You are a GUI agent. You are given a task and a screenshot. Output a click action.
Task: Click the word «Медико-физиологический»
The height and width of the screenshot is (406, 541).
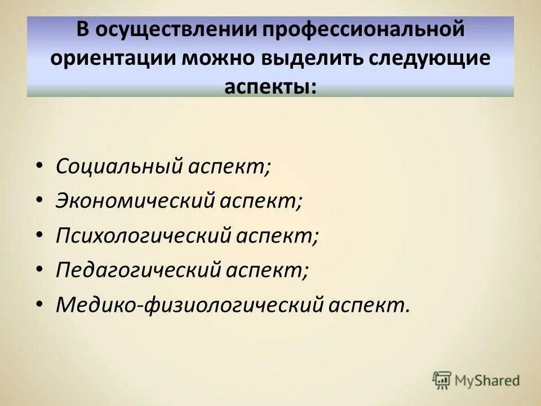[188, 305]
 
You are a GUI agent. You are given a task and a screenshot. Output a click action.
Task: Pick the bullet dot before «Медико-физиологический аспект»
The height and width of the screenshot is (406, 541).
[38, 306]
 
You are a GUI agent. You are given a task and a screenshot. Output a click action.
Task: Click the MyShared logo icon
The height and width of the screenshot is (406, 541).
[442, 380]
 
